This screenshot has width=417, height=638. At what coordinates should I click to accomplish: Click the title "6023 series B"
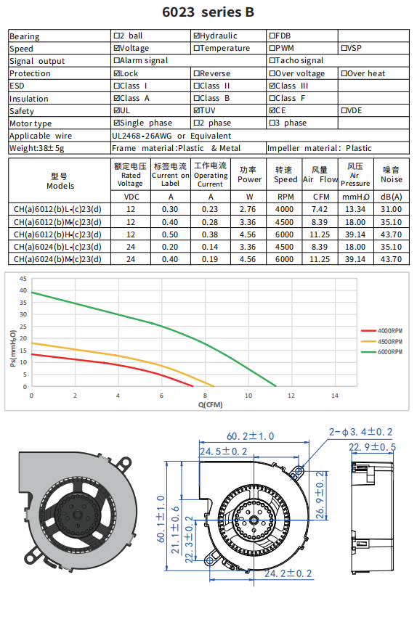click(208, 12)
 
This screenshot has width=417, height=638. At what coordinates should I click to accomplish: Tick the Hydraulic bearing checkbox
click(197, 36)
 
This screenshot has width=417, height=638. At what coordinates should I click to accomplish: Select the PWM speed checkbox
click(272, 48)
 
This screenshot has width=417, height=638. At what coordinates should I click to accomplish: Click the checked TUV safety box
click(197, 110)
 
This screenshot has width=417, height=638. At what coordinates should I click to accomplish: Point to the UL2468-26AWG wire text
click(142, 136)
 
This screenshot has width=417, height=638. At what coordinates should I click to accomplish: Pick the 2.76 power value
click(248, 210)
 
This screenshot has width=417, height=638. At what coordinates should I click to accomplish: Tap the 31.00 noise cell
click(391, 210)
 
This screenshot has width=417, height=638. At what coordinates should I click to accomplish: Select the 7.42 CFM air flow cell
click(320, 210)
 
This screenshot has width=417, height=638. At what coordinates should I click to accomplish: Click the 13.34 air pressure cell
click(355, 210)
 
